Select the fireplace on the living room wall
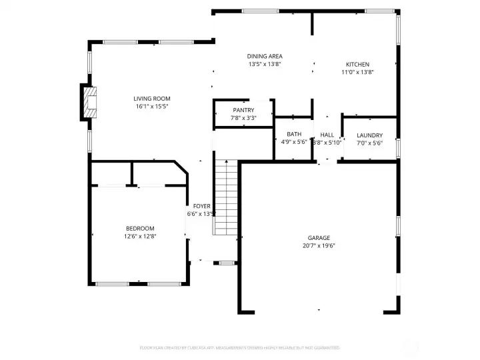point(89,102)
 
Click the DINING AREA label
point(265,57)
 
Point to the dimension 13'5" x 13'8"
point(265,65)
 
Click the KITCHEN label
point(357,65)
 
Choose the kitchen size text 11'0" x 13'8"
point(357,72)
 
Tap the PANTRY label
point(243,110)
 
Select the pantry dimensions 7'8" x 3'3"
point(243,118)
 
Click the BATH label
point(294,134)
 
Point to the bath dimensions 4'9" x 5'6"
point(294,142)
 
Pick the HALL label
point(327,135)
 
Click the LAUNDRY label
point(369,135)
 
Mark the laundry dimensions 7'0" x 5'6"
point(369,142)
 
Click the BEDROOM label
point(140,228)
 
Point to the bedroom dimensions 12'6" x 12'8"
point(140,236)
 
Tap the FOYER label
point(202,207)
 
